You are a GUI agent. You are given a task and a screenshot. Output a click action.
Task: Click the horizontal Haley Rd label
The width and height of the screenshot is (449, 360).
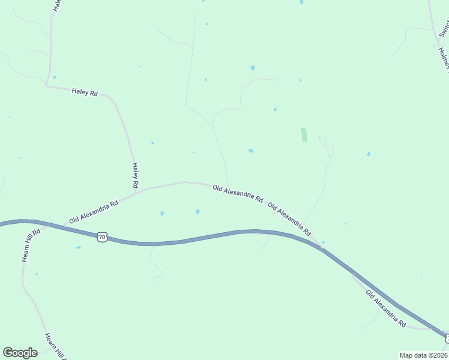(85, 92)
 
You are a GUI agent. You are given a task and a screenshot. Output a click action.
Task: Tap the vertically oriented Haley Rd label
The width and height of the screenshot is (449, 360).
(136, 173)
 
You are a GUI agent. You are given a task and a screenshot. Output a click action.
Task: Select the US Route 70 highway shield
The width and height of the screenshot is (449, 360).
(102, 237)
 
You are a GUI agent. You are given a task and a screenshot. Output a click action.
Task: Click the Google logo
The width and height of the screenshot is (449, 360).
(20, 353)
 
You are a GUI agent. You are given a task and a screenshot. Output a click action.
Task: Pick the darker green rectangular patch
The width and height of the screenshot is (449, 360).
(304, 134)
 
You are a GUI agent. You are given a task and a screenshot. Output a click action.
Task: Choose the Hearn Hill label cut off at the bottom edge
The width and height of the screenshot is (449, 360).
(55, 346)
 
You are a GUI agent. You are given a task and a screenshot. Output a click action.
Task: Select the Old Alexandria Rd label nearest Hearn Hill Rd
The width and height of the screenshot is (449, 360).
(94, 212)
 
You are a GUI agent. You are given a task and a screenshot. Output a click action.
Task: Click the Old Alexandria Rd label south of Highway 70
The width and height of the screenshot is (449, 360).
(385, 308)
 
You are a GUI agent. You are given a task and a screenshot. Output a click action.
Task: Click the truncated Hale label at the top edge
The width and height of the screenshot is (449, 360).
(56, 5)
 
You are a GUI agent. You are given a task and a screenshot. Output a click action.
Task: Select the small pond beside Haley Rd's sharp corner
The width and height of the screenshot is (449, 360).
(54, 77)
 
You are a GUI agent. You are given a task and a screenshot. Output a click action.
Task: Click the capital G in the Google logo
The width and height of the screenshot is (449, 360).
(8, 353)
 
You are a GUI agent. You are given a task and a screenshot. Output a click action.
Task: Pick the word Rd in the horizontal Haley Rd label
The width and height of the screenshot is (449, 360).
(93, 93)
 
